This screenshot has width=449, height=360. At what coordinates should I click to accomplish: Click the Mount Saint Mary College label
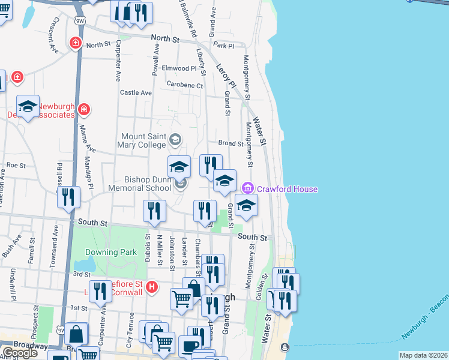click(143, 140)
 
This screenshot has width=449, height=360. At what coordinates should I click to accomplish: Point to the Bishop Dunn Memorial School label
click(148, 184)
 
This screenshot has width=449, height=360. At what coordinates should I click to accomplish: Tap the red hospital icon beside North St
click(76, 43)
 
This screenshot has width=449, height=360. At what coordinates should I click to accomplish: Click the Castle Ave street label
click(136, 92)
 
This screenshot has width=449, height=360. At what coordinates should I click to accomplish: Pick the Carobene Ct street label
click(185, 85)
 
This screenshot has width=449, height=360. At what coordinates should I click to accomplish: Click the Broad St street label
click(231, 143)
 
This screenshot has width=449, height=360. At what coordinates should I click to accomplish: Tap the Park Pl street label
click(223, 46)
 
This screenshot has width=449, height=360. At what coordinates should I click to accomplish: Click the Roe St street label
click(16, 165)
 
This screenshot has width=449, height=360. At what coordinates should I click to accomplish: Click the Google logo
click(20, 353)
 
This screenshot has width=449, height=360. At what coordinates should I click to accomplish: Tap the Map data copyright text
click(424, 355)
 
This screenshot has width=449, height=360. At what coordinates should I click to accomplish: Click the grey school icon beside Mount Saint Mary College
click(175, 140)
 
